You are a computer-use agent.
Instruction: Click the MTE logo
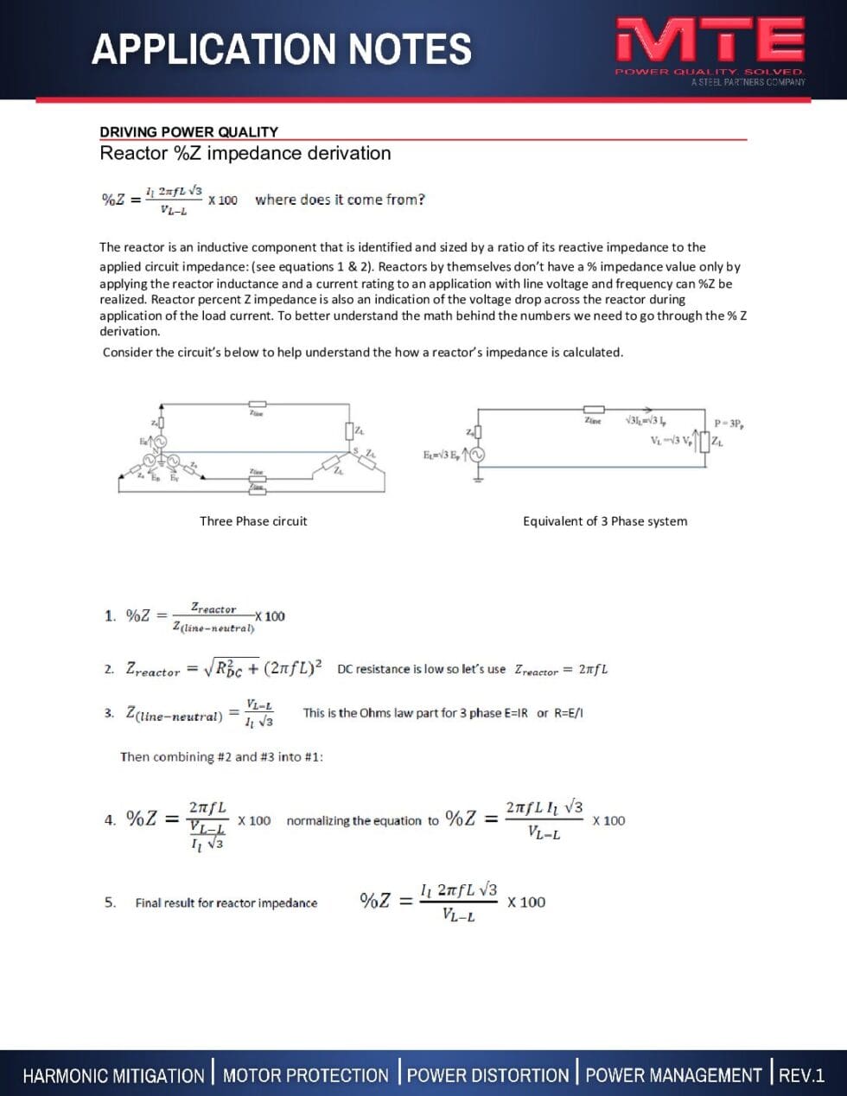[709, 41]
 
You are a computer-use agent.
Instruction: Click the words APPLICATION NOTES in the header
[282, 49]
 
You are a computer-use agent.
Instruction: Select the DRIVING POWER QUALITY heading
[188, 131]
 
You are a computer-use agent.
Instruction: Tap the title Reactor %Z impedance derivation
[245, 154]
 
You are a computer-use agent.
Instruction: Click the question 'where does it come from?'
[340, 200]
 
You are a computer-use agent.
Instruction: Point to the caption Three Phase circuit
[253, 521]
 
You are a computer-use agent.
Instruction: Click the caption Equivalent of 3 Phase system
[605, 521]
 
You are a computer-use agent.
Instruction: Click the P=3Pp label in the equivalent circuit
[731, 424]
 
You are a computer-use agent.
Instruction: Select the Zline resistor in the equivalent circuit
[593, 410]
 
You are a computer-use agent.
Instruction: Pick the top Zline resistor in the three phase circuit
[257, 404]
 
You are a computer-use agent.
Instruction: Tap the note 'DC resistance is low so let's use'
[421, 669]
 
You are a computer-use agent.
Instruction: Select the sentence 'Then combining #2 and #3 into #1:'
[221, 757]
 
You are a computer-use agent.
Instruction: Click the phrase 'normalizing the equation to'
[362, 821]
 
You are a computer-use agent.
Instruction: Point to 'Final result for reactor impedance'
[226, 903]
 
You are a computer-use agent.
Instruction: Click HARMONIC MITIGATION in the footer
[113, 1075]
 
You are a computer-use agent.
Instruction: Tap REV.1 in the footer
[801, 1075]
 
